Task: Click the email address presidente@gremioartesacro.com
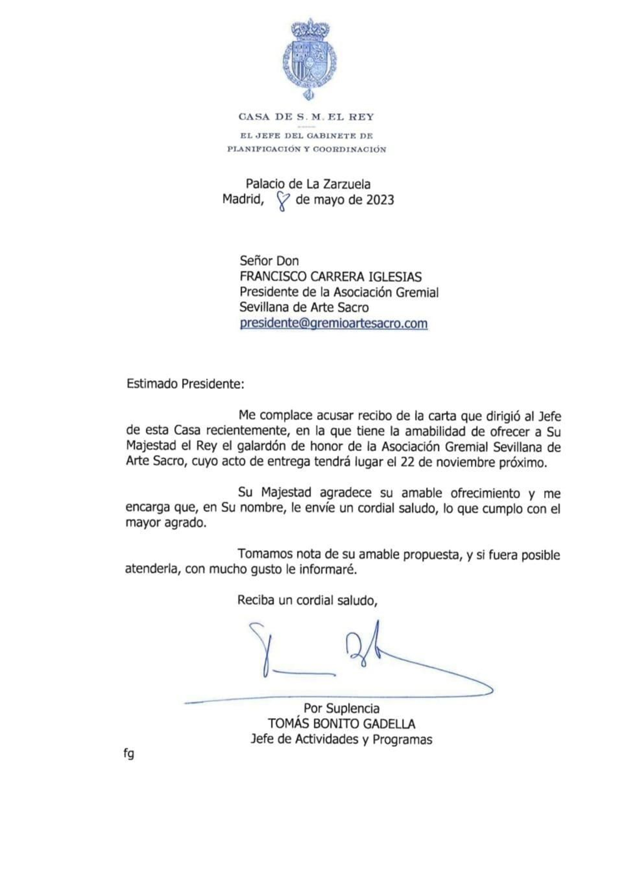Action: (334, 323)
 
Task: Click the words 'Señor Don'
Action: (269, 261)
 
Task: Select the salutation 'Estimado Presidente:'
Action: (185, 384)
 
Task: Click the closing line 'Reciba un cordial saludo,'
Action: (307, 600)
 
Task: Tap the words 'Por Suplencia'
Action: (341, 708)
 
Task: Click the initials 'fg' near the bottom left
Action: (129, 754)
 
